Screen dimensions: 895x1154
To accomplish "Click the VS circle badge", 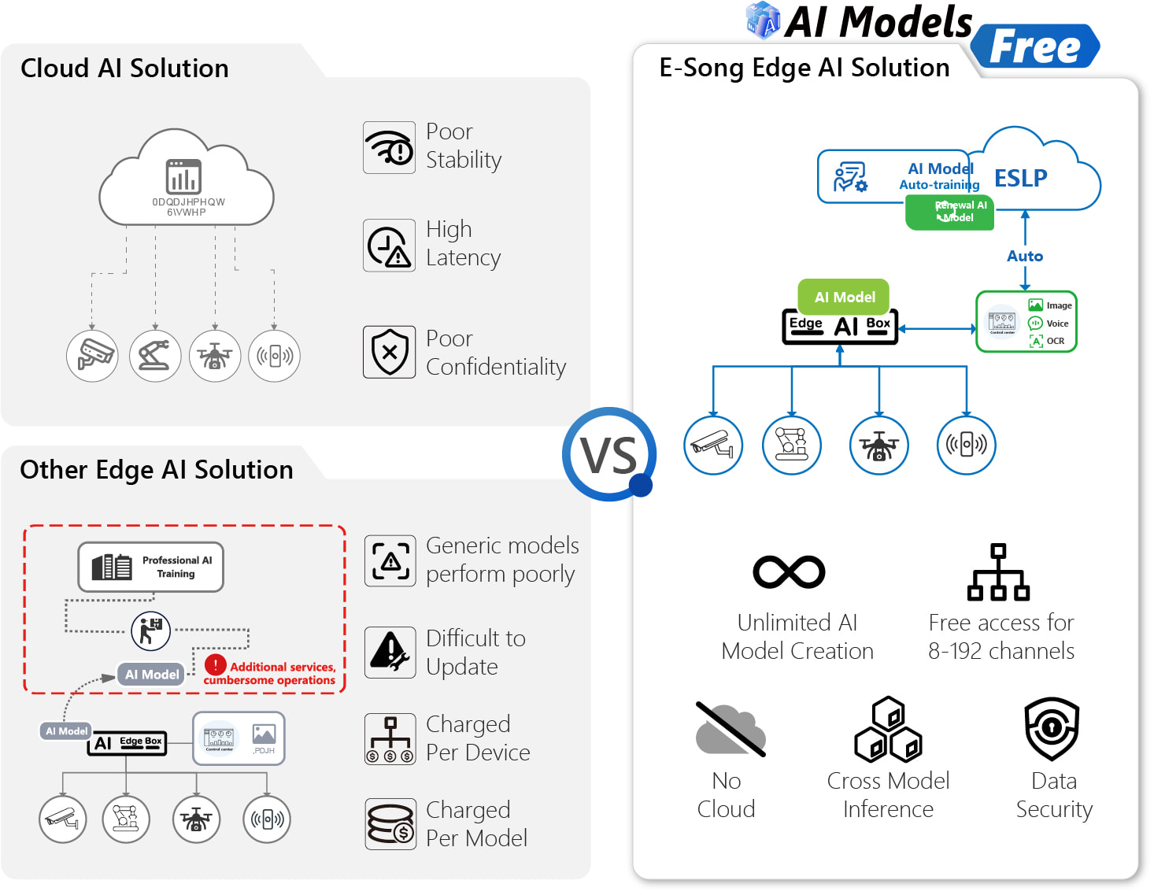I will pyautogui.click(x=608, y=454).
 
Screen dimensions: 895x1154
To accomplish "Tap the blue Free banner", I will pyautogui.click(x=1034, y=46).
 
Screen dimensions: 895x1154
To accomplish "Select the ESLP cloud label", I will pyautogui.click(x=1020, y=178).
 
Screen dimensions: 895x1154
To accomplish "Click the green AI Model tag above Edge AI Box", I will pyautogui.click(x=844, y=297).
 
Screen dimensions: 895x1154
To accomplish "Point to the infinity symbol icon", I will pyautogui.click(x=789, y=572).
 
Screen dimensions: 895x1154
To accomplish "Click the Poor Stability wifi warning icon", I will pyautogui.click(x=389, y=147).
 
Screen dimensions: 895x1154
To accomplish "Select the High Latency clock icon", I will pyautogui.click(x=389, y=246).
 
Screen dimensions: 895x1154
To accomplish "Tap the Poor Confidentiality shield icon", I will pyautogui.click(x=389, y=352).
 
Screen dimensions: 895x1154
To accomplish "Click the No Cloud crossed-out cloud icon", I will pyautogui.click(x=730, y=730).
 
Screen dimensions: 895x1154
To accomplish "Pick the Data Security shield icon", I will pyautogui.click(x=1052, y=728).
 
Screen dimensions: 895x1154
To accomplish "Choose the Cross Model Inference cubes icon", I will pyautogui.click(x=888, y=729).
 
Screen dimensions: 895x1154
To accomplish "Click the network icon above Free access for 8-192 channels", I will pyautogui.click(x=998, y=572).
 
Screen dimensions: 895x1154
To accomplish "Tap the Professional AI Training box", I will pyautogui.click(x=150, y=567).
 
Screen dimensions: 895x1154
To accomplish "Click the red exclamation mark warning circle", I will pyautogui.click(x=215, y=665).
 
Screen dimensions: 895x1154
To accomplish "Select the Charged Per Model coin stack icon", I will pyautogui.click(x=390, y=824).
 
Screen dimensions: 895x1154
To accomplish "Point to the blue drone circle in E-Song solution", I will pyautogui.click(x=878, y=446).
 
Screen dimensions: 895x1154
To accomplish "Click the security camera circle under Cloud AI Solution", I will pyautogui.click(x=93, y=356).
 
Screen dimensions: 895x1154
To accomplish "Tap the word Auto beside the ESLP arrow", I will pyautogui.click(x=1025, y=256).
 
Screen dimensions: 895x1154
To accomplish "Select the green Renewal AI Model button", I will pyautogui.click(x=949, y=212).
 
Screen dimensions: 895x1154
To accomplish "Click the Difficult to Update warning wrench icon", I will pyautogui.click(x=390, y=653).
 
